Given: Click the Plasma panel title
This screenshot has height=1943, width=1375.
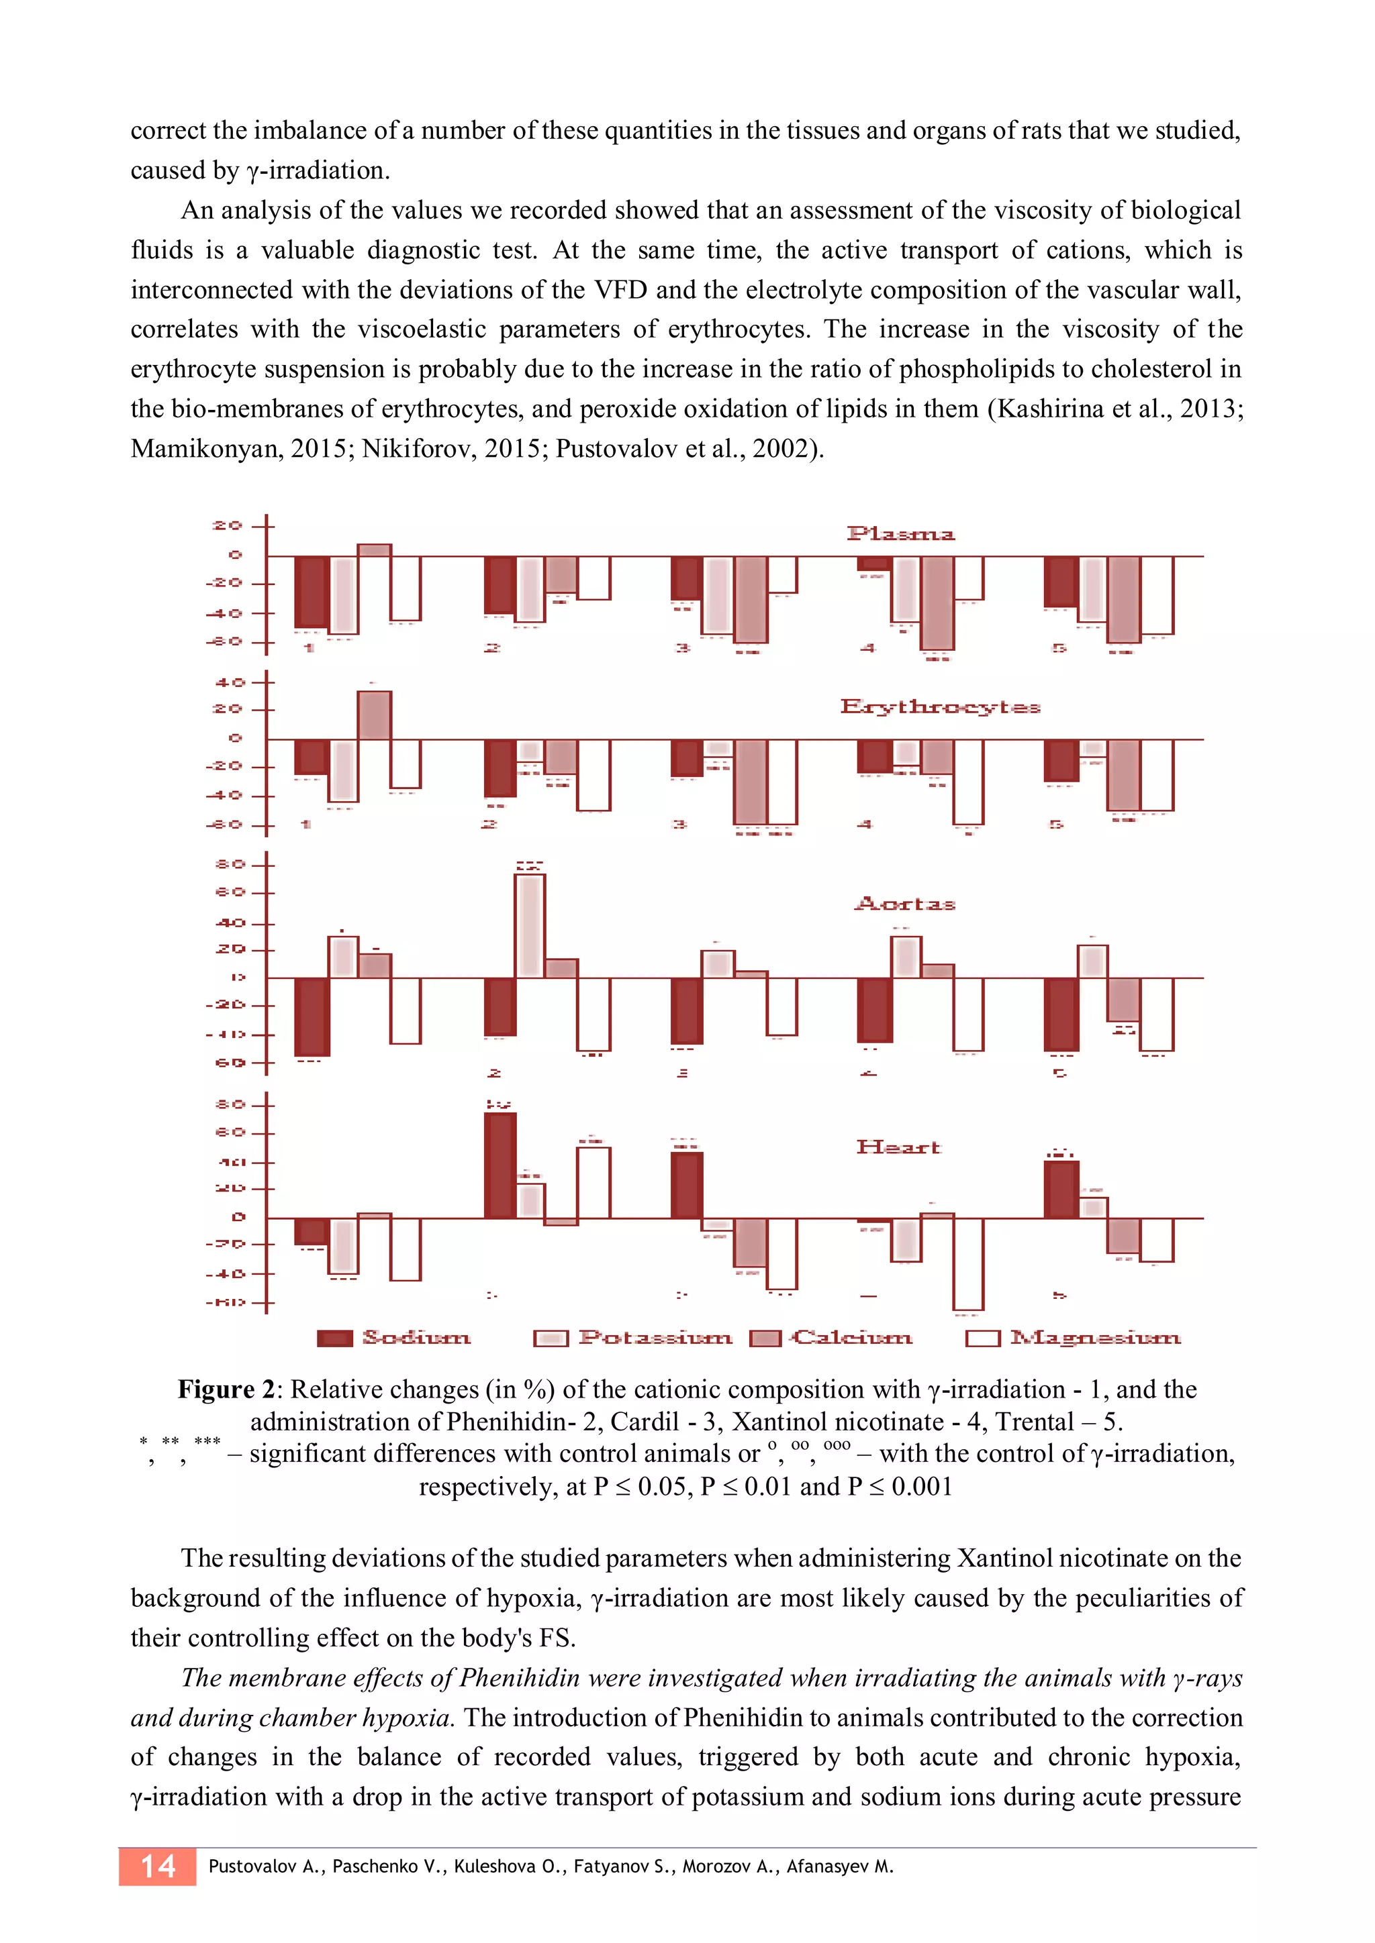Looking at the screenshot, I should (900, 534).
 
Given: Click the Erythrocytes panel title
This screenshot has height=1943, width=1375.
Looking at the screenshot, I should (940, 706).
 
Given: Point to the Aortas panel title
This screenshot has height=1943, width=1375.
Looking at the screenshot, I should (904, 904).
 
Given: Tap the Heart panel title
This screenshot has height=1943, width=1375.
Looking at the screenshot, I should (898, 1147).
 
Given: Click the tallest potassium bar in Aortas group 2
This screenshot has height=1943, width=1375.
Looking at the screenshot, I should (530, 926).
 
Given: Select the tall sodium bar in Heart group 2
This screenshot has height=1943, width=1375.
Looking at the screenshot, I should (500, 1165).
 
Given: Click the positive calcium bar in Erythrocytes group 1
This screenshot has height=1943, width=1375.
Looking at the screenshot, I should (374, 716).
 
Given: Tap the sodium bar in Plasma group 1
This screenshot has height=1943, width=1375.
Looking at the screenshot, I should (312, 592).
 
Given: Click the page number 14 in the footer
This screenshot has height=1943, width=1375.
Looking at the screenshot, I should (158, 1866).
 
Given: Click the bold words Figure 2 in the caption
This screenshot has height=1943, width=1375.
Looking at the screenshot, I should (227, 1390).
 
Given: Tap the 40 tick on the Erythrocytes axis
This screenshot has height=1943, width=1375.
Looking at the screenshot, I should (228, 682).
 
